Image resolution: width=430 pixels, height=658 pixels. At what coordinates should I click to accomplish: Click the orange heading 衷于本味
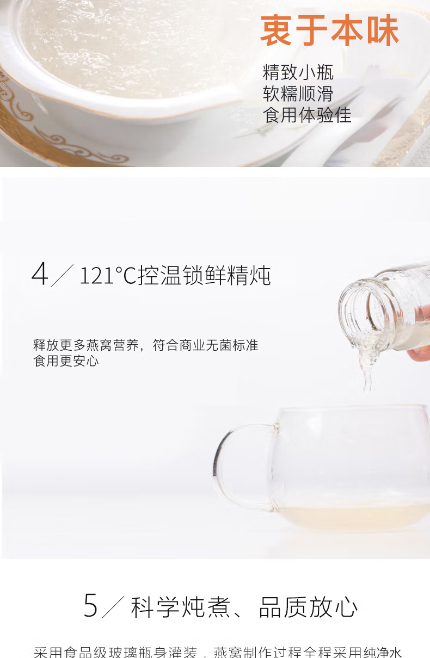(x=330, y=31)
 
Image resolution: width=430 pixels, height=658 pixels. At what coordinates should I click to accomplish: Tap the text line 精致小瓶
(x=298, y=72)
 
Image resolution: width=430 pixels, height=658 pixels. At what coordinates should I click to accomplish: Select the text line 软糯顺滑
(x=298, y=94)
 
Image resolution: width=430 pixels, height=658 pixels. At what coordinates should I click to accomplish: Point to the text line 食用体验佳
(x=307, y=115)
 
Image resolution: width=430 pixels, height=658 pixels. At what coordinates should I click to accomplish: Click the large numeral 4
(x=40, y=275)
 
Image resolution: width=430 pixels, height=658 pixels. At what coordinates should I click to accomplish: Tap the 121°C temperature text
(x=108, y=276)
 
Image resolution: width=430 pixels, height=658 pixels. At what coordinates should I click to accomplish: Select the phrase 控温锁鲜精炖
(x=204, y=276)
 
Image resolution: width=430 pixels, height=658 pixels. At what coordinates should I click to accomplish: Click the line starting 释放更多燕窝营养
(x=145, y=345)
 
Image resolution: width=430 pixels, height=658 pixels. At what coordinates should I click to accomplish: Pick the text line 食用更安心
(x=66, y=361)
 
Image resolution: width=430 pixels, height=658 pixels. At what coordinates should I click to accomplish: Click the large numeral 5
(x=91, y=606)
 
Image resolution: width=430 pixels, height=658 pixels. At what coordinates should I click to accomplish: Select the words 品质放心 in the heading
(x=308, y=607)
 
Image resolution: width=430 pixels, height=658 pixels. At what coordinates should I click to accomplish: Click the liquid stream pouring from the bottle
(x=367, y=364)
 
